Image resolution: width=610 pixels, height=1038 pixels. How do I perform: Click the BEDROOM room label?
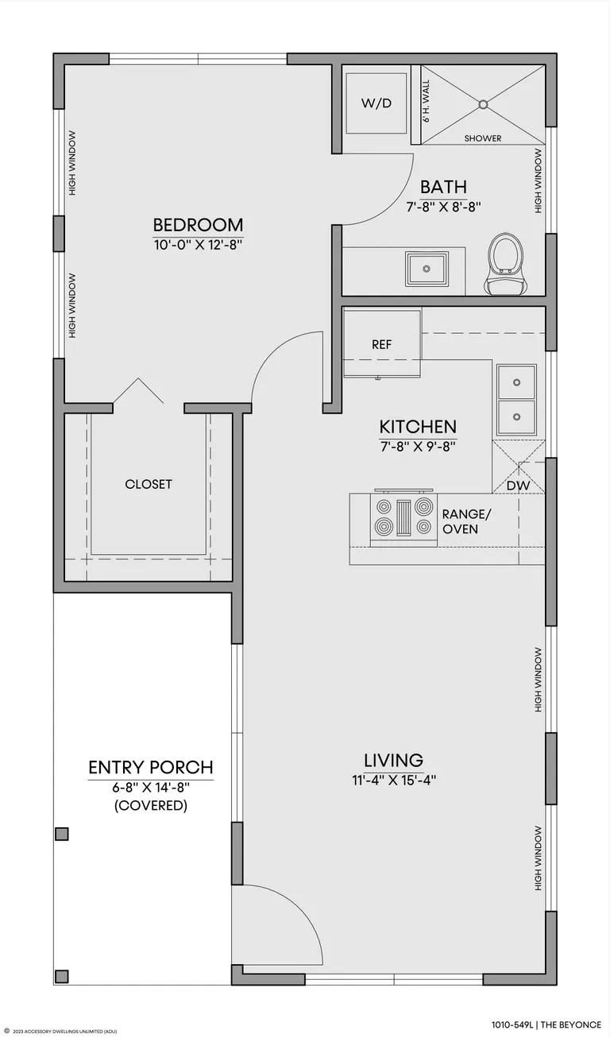pyautogui.click(x=198, y=225)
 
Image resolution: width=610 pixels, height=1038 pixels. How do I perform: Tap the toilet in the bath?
pyautogui.click(x=506, y=264)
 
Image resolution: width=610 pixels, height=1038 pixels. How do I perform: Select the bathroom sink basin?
pyautogui.click(x=427, y=269)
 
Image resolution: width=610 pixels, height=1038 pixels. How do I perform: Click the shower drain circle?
pyautogui.click(x=483, y=104)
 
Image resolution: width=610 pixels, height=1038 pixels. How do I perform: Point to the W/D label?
pyautogui.click(x=376, y=103)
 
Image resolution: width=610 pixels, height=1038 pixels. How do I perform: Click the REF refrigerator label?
pyautogui.click(x=382, y=344)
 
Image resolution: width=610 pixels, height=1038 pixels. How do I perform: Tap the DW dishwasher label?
pyautogui.click(x=518, y=486)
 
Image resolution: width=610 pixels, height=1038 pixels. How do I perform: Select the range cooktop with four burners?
pyautogui.click(x=403, y=517)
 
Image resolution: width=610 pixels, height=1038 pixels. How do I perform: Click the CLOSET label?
pyautogui.click(x=149, y=484)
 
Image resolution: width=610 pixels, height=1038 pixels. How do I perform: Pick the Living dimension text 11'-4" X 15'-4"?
pyautogui.click(x=394, y=780)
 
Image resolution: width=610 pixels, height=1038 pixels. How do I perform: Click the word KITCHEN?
pyautogui.click(x=418, y=426)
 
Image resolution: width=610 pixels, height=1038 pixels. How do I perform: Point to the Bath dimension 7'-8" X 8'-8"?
pyautogui.click(x=444, y=207)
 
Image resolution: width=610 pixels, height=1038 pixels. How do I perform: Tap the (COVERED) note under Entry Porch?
pyautogui.click(x=151, y=805)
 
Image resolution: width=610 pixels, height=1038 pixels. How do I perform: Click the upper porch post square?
pyautogui.click(x=62, y=834)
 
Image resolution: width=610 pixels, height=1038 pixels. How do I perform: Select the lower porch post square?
pyautogui.click(x=62, y=976)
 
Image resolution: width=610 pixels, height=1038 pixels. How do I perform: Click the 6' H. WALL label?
pyautogui.click(x=426, y=101)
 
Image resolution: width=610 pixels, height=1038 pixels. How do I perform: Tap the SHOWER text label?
pyautogui.click(x=483, y=138)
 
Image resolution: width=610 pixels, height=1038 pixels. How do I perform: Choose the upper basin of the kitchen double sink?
pyautogui.click(x=516, y=382)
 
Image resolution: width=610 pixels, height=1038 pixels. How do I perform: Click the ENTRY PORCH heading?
pyautogui.click(x=151, y=768)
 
